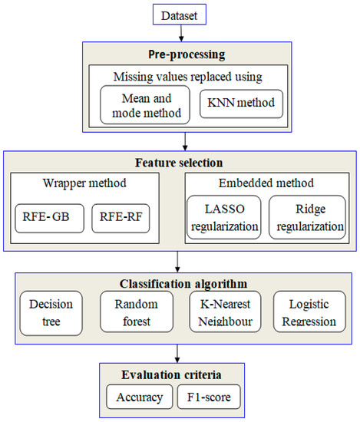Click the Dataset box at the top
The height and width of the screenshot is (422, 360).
click(x=180, y=13)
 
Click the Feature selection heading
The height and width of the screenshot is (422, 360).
click(x=179, y=163)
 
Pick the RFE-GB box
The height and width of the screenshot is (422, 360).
click(x=47, y=216)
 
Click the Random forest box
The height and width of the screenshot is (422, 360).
click(x=131, y=311)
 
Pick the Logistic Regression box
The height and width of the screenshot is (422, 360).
click(x=308, y=311)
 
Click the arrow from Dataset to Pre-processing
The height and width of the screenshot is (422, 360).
click(x=180, y=31)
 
